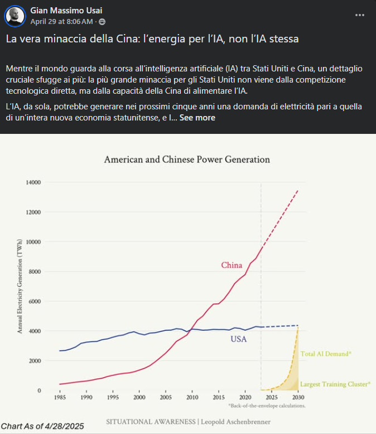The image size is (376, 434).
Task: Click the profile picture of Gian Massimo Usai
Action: click(15, 16)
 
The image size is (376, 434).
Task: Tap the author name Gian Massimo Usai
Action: click(66, 11)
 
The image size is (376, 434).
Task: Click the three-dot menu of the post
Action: click(360, 15)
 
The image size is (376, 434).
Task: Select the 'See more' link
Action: click(197, 118)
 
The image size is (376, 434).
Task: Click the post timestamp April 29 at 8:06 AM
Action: click(61, 21)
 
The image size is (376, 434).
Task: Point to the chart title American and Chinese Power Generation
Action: click(187, 160)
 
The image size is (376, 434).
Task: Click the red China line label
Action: click(232, 265)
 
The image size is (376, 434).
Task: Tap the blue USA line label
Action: click(238, 339)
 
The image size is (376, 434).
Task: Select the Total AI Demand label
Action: click(326, 354)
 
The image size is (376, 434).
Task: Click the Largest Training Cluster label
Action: click(335, 384)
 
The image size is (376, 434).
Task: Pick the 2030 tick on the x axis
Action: click(298, 398)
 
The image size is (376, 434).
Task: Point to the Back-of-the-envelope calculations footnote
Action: click(267, 406)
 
